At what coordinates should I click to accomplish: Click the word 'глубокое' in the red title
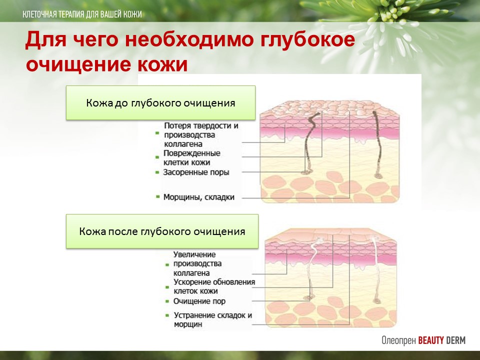[308, 40]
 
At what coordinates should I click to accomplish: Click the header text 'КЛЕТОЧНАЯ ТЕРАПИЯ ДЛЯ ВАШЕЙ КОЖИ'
[82, 14]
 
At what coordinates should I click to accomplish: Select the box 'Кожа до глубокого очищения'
[160, 102]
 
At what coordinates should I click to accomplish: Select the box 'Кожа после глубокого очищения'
[162, 231]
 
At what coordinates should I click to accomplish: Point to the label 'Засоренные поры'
[196, 172]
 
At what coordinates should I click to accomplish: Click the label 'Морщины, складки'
[198, 197]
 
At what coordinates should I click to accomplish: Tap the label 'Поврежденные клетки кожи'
[191, 157]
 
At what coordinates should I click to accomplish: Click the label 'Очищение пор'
[199, 301]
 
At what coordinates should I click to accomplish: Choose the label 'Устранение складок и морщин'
[213, 319]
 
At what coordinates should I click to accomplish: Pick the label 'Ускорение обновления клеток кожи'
[214, 286]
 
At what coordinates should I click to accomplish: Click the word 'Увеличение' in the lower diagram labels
[194, 254]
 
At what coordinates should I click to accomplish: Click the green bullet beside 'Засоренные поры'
[157, 172]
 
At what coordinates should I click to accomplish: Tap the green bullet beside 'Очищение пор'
[167, 301]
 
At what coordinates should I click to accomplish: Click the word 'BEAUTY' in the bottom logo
[430, 340]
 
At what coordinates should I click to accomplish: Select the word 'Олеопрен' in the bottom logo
[398, 340]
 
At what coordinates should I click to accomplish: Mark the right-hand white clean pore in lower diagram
[376, 269]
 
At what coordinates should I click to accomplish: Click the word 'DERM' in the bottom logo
[455, 340]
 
